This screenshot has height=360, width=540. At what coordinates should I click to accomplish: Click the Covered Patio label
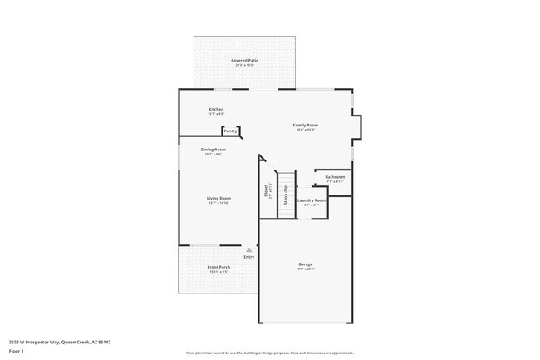click(244, 61)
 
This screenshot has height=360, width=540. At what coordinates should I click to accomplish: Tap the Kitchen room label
click(216, 109)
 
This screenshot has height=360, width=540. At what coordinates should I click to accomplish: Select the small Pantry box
click(231, 131)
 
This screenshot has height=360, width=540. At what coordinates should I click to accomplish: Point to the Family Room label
click(306, 125)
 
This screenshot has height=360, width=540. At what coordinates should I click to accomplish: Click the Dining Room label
click(214, 150)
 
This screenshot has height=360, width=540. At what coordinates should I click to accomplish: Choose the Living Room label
click(218, 198)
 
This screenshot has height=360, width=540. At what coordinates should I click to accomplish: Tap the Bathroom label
click(335, 177)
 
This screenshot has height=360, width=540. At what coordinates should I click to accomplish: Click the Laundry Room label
click(312, 200)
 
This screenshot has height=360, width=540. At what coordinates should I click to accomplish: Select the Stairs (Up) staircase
click(286, 194)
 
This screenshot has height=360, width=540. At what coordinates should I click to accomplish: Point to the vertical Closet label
click(266, 190)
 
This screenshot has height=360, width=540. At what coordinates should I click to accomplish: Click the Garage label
click(306, 264)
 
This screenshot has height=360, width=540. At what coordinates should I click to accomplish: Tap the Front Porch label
click(218, 267)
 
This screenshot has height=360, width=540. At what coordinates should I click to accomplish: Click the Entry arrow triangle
click(248, 249)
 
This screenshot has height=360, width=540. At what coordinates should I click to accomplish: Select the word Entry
click(248, 256)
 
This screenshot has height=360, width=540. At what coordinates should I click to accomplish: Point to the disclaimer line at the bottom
click(269, 353)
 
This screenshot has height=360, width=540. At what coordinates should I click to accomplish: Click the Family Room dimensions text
click(306, 130)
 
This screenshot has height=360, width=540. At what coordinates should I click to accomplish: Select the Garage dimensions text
click(306, 269)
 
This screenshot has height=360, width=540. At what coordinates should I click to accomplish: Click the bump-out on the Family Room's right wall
click(357, 126)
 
